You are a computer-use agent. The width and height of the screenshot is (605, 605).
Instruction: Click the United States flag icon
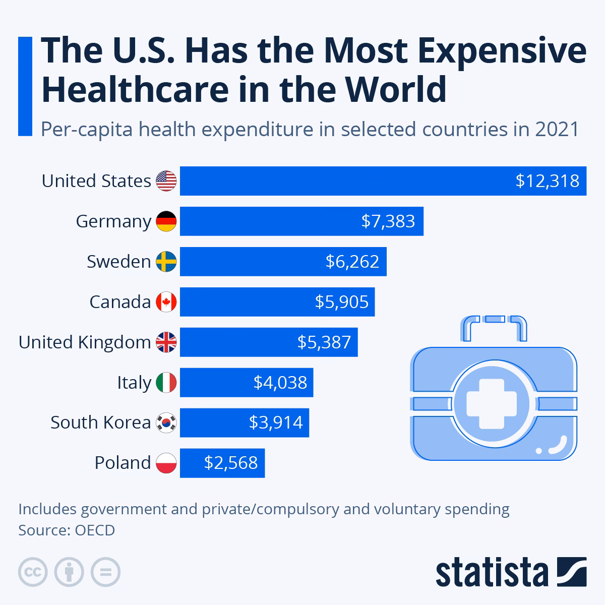click(x=166, y=181)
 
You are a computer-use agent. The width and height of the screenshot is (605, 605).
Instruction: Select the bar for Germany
click(x=301, y=221)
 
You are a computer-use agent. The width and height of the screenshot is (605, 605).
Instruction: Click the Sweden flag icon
click(x=166, y=262)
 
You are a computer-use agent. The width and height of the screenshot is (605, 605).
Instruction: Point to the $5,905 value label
click(x=342, y=302)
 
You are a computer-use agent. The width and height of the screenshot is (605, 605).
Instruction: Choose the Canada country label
click(x=120, y=302)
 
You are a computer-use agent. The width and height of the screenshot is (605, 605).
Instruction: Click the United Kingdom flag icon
click(x=166, y=342)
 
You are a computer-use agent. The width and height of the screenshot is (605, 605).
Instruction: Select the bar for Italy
click(x=247, y=383)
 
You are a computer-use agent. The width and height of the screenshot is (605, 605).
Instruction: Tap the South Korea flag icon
click(x=166, y=422)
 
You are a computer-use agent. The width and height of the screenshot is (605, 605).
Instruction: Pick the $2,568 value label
click(x=231, y=463)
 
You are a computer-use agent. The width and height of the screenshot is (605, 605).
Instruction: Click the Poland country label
click(x=123, y=463)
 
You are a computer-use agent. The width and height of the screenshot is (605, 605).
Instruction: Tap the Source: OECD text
click(x=67, y=530)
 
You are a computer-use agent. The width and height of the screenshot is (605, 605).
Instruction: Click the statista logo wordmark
click(x=492, y=573)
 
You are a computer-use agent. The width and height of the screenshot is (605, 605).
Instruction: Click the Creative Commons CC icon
click(x=33, y=572)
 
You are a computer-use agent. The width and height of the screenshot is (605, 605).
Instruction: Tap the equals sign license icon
click(x=105, y=572)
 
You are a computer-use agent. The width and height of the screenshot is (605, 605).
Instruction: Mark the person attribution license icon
click(x=69, y=572)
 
